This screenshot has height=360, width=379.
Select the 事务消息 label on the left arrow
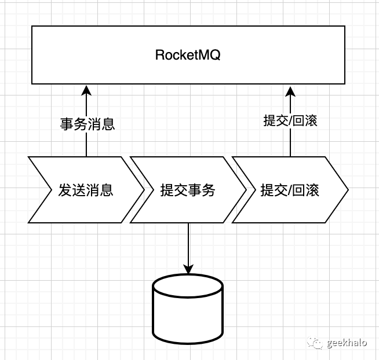pos(87,123)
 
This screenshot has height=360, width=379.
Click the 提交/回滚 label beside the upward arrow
pos(290,120)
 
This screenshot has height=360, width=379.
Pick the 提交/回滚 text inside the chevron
pos(290,190)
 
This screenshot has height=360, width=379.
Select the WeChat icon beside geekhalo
pos(316,343)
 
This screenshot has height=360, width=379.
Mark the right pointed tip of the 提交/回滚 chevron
pos(347,190)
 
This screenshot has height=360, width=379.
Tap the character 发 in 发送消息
pos(65,190)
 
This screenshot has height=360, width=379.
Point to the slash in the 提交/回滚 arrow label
pos(290,120)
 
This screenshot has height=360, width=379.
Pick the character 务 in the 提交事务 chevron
pos(208,190)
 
